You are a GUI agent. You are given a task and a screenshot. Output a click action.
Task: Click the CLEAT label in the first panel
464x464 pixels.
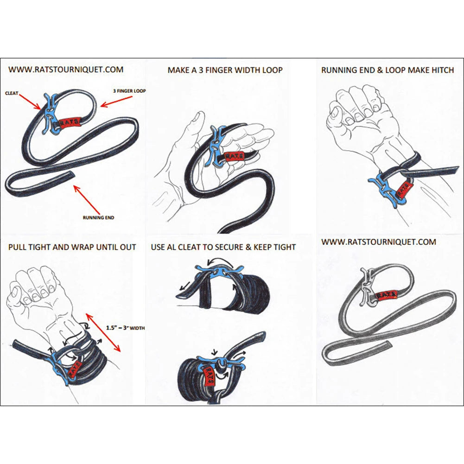click(12, 93)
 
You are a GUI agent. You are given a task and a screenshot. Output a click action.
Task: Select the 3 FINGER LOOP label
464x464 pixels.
click(128, 91)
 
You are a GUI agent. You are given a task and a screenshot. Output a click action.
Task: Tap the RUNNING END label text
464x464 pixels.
click(98, 217)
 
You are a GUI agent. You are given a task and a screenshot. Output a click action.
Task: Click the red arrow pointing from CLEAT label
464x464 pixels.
click(31, 101)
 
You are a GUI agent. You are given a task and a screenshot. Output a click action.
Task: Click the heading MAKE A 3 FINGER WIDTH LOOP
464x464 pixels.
click(225, 70)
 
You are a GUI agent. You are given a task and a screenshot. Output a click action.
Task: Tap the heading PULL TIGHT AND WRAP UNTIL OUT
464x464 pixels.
click(72, 247)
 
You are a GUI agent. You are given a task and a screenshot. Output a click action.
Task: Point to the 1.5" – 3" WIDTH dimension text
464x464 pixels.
click(126, 328)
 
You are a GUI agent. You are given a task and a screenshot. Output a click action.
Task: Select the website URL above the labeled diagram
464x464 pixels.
click(66, 70)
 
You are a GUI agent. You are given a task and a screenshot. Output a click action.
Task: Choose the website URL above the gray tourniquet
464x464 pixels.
click(379, 242)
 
